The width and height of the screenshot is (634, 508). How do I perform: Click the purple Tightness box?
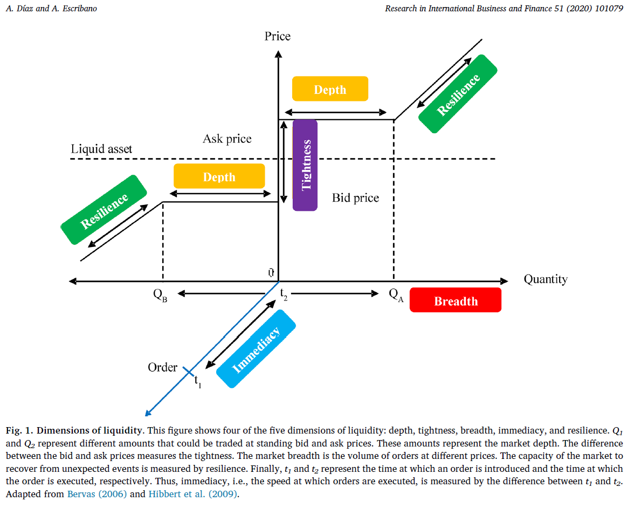305,165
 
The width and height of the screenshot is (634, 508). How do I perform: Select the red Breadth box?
456,300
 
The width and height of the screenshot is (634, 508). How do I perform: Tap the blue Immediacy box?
256,349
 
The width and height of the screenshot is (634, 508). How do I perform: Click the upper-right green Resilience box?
458,94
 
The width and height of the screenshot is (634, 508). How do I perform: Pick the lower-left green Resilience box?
104,210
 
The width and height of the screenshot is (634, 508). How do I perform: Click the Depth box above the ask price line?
330,89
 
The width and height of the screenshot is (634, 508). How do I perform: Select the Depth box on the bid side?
219,176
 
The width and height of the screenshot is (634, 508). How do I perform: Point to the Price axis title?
277,36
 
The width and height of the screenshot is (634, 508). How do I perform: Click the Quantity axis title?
545,279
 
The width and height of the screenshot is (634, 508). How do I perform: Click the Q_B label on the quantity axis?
160,296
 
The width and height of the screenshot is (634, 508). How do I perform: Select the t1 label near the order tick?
197,382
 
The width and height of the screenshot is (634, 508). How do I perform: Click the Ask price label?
227,139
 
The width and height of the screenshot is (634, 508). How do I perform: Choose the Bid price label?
355,198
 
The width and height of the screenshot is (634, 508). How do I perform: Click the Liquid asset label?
101,149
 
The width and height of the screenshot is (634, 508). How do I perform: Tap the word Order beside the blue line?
162,367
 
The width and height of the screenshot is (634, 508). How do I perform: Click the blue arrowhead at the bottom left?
147,413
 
